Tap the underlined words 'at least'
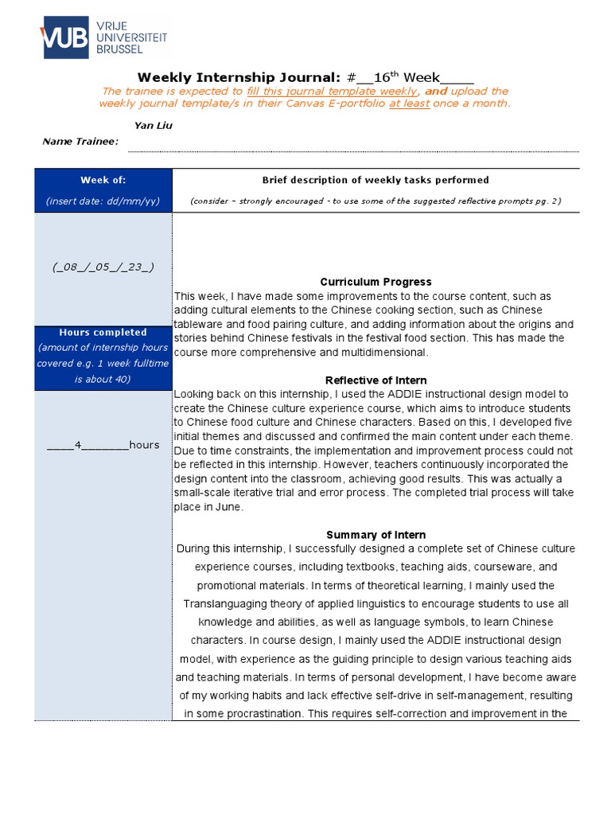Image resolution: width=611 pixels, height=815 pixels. coord(409,103)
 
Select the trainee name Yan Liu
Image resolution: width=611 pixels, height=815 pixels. coord(153,125)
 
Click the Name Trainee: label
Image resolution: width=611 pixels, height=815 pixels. coord(80,141)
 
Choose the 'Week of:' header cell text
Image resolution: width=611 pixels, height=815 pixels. coord(103,180)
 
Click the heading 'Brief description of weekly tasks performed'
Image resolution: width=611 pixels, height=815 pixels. coord(376,180)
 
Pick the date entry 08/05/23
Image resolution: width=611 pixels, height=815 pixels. coord(103,267)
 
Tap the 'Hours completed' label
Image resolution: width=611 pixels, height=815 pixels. coord(103,332)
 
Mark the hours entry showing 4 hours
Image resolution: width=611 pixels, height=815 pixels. coord(103,445)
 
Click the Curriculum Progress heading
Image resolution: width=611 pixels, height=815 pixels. coord(376,282)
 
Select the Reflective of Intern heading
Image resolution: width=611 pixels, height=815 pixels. coord(376,380)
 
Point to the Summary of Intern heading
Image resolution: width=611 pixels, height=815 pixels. coord(376,535)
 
